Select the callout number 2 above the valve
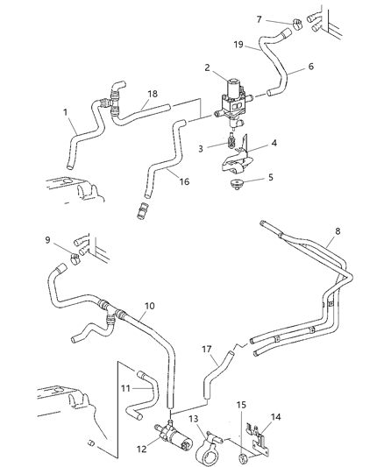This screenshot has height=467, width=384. (207, 67)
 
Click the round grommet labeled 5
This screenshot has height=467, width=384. (237, 185)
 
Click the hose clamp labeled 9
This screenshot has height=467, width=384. (76, 258)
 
